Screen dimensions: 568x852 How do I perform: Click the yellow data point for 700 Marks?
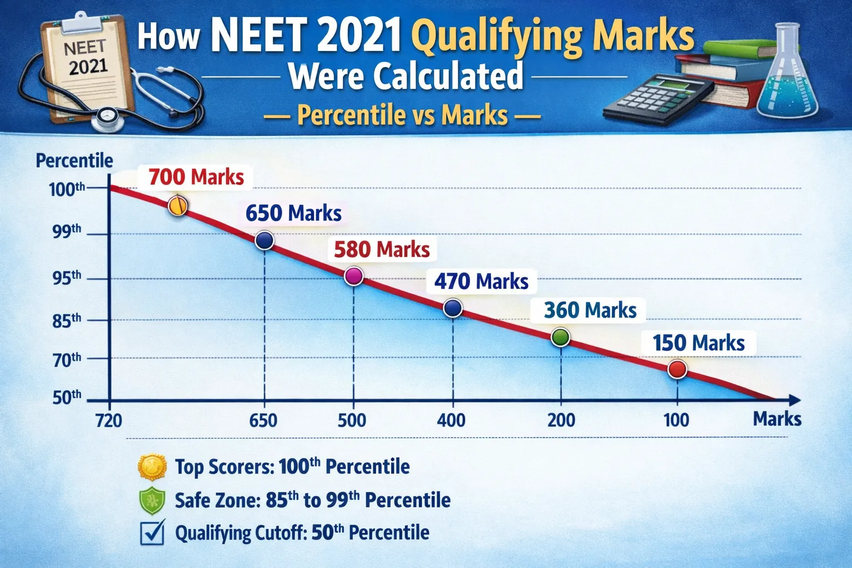coord(177,206)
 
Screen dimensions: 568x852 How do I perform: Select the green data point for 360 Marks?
coord(561,337)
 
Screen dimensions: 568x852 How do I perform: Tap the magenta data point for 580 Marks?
coord(353,276)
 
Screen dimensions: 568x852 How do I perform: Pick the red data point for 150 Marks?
coord(677,369)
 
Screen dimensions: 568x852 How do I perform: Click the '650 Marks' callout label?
coord(293,213)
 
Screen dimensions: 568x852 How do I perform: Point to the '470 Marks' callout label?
coord(481,281)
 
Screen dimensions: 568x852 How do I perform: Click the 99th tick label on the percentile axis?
coord(67,231)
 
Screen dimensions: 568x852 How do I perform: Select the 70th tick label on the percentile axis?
coord(67,360)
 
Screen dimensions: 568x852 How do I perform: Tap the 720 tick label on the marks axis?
coord(109,420)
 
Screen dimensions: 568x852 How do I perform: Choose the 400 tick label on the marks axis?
coord(451,420)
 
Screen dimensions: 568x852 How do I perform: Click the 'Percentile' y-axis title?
coord(74,161)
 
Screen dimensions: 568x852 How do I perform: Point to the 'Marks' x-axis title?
coord(777,419)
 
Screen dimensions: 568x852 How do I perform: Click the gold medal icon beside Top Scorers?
coord(152,466)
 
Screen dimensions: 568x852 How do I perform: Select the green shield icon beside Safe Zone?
coord(152,500)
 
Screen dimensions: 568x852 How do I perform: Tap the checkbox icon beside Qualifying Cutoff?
coord(153,533)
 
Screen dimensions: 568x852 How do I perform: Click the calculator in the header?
coord(658,99)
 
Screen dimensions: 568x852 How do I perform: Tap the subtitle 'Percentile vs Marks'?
coord(402,115)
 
